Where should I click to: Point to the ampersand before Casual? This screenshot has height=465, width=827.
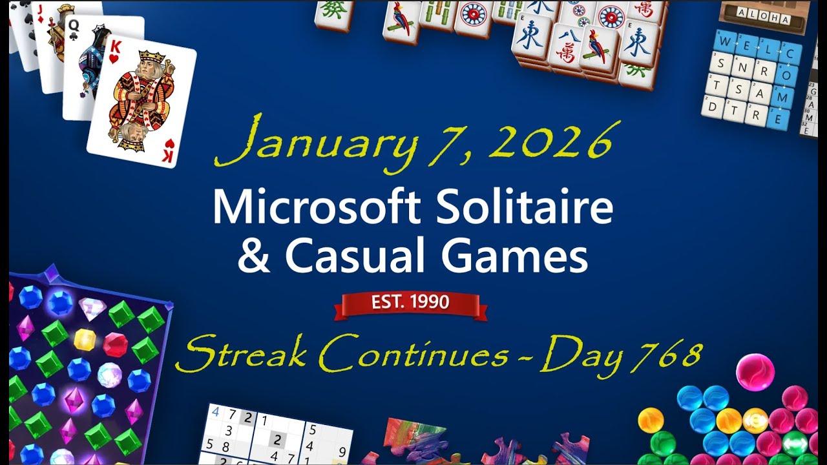[x=255, y=257]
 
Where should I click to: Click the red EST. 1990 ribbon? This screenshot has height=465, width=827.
[x=410, y=302]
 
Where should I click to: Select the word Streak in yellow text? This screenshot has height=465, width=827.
[x=242, y=355]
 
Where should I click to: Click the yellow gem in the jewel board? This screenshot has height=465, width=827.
[x=85, y=339]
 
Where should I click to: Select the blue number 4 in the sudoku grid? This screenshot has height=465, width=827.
[x=215, y=411]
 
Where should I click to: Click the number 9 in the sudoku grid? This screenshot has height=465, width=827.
[x=342, y=451]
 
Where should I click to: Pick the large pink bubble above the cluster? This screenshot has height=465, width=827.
[x=755, y=371]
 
